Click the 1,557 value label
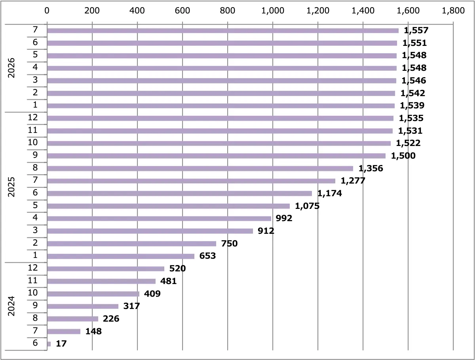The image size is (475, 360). point(416,30)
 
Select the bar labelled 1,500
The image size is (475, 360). point(216,156)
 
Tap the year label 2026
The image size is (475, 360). point(11,68)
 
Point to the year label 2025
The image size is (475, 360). point(11,187)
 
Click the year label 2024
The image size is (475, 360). point(11,306)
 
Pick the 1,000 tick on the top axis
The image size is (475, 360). point(273,11)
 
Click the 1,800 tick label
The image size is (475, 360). point(453,11)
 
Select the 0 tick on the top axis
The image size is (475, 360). point(47,11)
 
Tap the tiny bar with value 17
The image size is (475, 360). point(49,344)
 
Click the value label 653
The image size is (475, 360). point(207,256)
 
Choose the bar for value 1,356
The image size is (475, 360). point(200,169)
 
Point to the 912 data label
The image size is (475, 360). point(266,231)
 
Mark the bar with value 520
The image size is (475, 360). point(106,269)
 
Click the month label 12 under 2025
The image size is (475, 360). point(33,117)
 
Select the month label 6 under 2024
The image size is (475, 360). point(35,343)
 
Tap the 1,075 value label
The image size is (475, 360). point(307,206)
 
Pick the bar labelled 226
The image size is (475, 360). point(72,319)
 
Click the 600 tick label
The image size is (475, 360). point(182,11)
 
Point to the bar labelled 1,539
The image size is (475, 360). point(221,106)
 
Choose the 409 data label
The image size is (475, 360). point(152,294)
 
